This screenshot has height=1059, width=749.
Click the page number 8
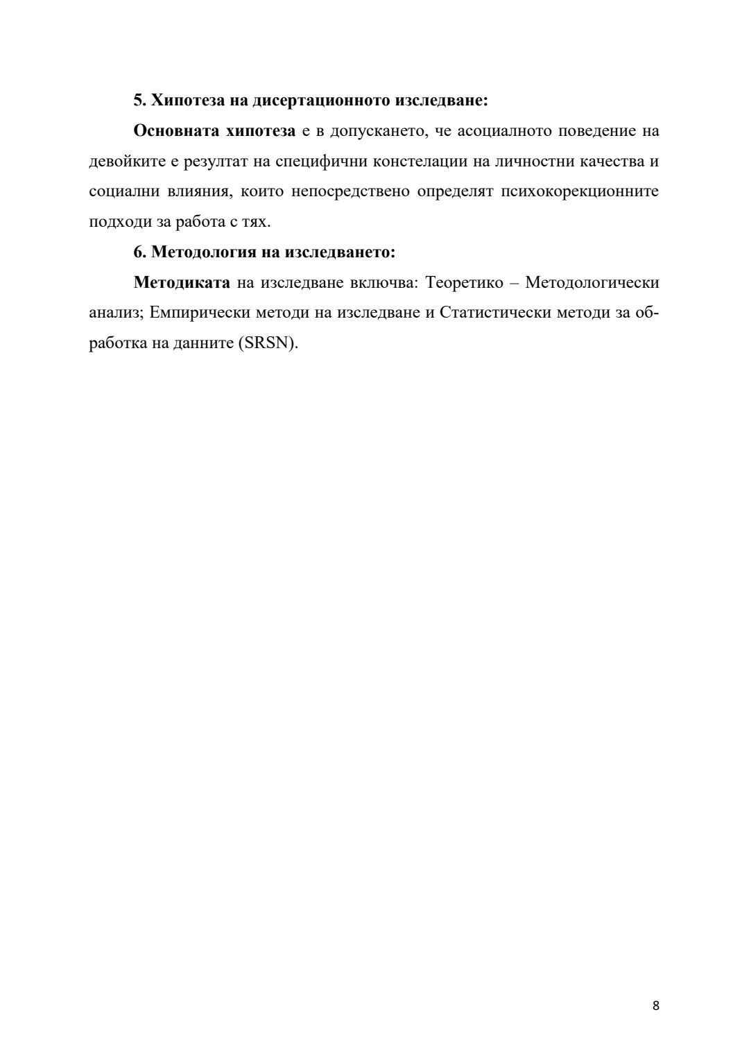655,1006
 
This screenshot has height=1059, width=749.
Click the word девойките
125,162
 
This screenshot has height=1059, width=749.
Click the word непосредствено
350,191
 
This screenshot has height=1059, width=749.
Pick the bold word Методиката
181,282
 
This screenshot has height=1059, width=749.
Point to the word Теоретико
464,282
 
